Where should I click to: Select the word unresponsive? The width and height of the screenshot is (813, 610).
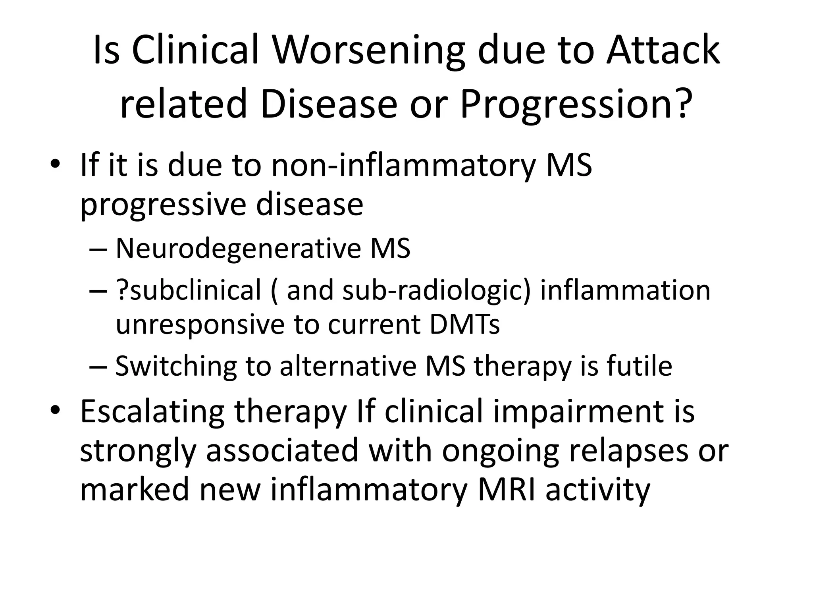pos(199,325)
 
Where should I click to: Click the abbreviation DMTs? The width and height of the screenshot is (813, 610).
pos(464,325)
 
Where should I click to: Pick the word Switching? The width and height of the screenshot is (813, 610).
pos(175,366)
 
